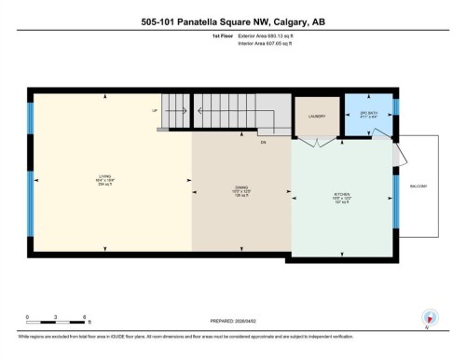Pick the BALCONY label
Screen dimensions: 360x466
click(x=418, y=187)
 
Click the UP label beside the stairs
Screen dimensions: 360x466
click(x=156, y=110)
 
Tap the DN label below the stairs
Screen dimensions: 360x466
click(x=264, y=143)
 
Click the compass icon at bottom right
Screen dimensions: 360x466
click(x=430, y=316)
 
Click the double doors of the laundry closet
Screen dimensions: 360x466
click(x=318, y=145)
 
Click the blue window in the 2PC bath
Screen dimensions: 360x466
click(x=395, y=106)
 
